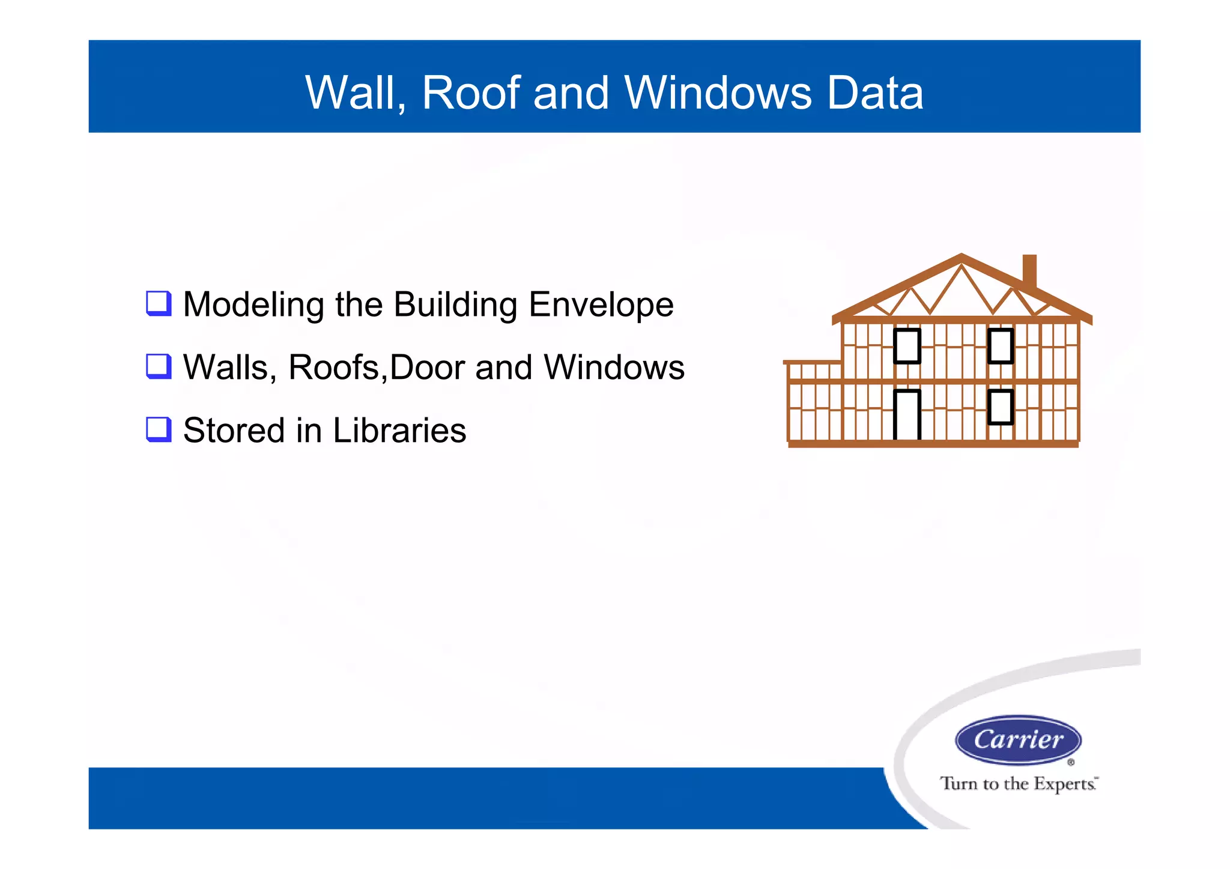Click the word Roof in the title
471,93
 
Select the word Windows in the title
718,93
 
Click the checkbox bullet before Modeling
159,304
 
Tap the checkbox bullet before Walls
159,366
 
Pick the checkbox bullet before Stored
159,429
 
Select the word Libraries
399,430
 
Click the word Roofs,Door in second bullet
377,367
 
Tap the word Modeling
253,305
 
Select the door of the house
907,414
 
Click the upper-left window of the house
907,346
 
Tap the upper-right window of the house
1001,346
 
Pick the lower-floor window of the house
1001,407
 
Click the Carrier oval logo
1018,740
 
